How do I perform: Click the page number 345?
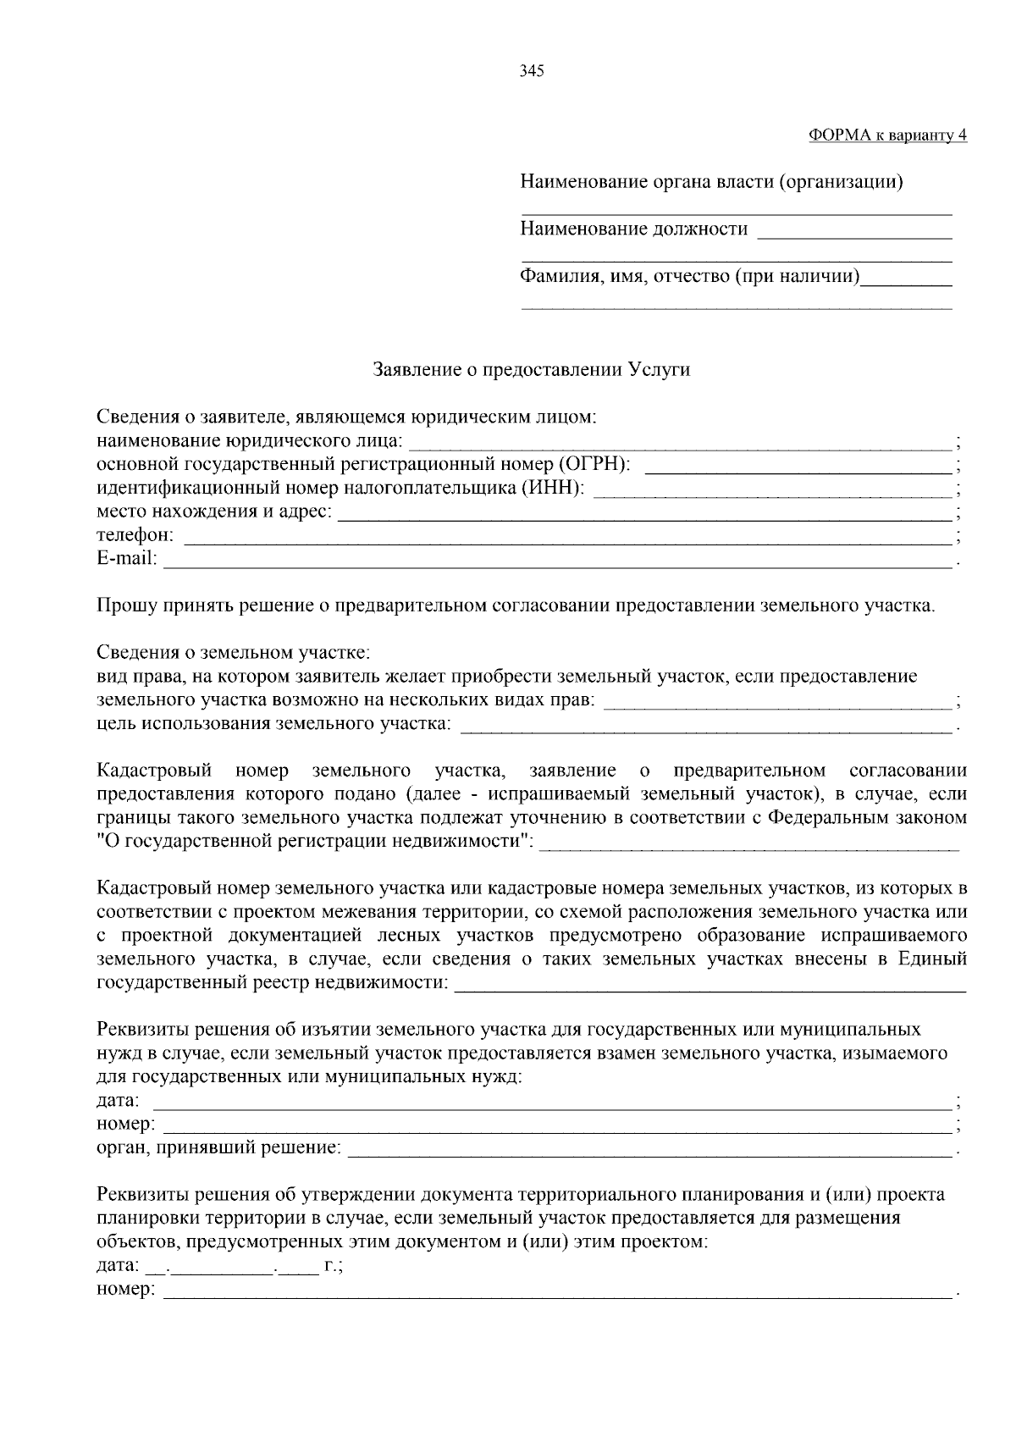(531, 71)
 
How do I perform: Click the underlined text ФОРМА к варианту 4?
(887, 135)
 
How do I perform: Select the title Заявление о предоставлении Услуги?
(532, 370)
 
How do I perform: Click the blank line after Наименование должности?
(854, 232)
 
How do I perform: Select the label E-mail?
(126, 558)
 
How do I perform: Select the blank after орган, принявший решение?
(649, 1152)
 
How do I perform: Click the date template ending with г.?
(241, 1267)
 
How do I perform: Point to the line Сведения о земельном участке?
(233, 653)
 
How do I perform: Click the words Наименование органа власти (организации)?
(710, 181)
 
